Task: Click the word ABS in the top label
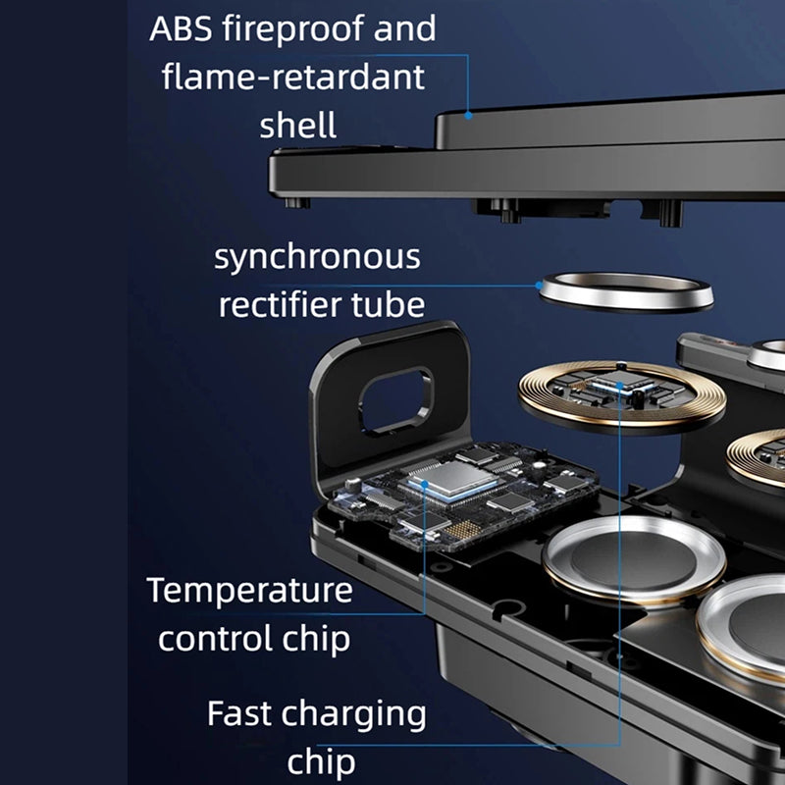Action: click(x=181, y=28)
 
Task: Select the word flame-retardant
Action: click(x=292, y=78)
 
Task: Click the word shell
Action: click(x=298, y=125)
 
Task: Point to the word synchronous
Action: click(x=317, y=258)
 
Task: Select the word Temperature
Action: click(x=250, y=592)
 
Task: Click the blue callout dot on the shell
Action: click(x=468, y=115)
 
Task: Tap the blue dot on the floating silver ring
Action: click(x=539, y=286)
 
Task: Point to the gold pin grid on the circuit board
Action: click(x=461, y=530)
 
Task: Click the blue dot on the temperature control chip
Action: click(x=425, y=484)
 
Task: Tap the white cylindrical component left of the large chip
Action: click(x=353, y=485)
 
